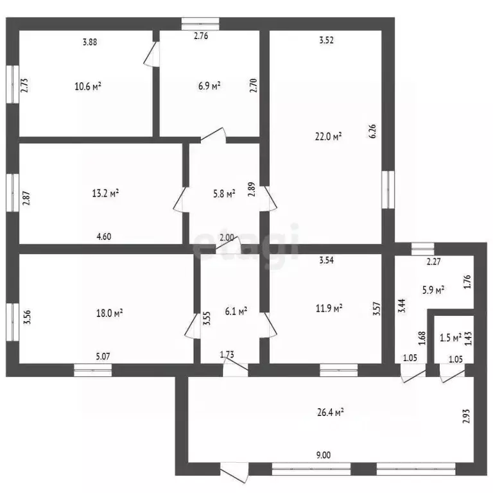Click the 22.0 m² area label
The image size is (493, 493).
pos(328,137)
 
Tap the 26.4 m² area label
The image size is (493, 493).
pos(330,412)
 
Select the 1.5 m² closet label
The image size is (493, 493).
pos(451,338)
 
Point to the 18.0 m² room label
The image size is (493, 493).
pos(109,313)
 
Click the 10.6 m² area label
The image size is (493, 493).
pos(88,86)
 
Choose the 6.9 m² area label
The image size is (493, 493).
pos(209,86)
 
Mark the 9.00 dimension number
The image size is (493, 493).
pos(324,455)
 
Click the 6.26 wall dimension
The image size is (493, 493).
pos(373,131)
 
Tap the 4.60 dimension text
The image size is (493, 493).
pos(104,236)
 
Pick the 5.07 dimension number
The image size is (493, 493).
pos(103,356)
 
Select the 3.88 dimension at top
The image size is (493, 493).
pos(90,42)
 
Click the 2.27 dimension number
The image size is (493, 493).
pos(433,261)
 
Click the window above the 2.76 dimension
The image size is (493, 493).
pos(200,24)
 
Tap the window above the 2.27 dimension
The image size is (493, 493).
pos(423,248)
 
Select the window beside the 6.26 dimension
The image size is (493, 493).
pos(388,189)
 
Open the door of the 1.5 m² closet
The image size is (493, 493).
pos(452,373)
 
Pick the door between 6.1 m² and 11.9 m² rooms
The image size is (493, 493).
pos(269,325)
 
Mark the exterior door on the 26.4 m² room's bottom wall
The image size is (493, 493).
pos(234,472)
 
